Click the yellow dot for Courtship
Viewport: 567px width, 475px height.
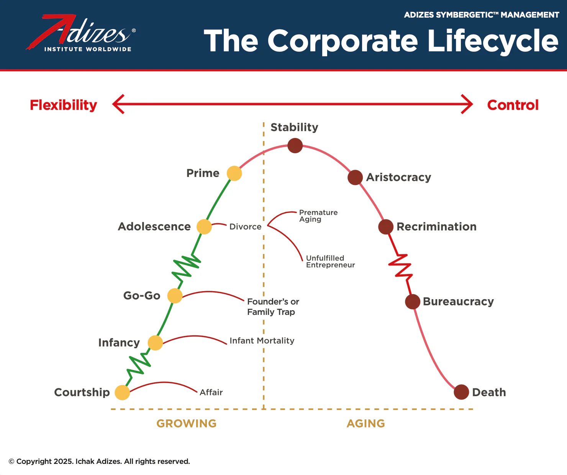[122, 392]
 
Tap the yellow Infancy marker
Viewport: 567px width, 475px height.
[155, 342]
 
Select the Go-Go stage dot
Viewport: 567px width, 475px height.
[175, 296]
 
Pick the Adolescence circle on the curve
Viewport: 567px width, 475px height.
[204, 227]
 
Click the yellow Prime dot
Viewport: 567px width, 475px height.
[234, 173]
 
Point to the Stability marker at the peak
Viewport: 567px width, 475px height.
[295, 146]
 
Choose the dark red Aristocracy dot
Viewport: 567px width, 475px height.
[355, 177]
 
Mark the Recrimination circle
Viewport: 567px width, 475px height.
[386, 227]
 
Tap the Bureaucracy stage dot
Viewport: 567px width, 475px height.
[413, 302]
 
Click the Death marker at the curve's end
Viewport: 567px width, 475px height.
[461, 392]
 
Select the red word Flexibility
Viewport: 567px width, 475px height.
[64, 105]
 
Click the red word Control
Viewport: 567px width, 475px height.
[513, 105]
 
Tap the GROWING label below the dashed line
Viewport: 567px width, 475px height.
[187, 423]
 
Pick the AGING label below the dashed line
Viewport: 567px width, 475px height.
[366, 423]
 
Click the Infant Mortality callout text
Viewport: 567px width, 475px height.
[262, 341]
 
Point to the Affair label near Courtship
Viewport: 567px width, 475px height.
[211, 392]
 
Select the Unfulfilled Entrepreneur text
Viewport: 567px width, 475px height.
[330, 261]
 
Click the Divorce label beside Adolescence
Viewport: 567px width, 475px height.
[245, 226]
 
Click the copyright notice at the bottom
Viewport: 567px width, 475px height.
[99, 461]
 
